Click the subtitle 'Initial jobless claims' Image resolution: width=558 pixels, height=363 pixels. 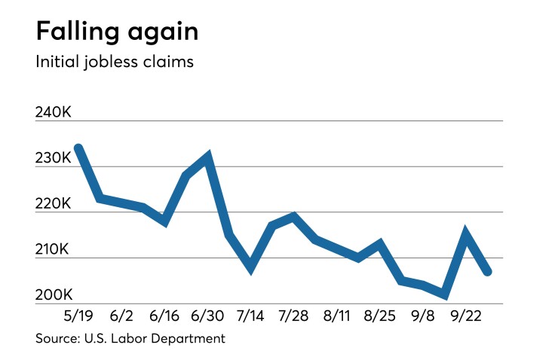(115, 61)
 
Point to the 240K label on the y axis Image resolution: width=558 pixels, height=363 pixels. (54, 112)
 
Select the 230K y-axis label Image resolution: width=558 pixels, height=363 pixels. (54, 158)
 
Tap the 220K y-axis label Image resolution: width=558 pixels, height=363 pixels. (54, 204)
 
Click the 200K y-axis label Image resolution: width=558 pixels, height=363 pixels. (54, 295)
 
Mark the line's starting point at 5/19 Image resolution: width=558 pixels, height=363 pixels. (78, 148)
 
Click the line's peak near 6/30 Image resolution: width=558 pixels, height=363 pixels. (207, 157)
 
